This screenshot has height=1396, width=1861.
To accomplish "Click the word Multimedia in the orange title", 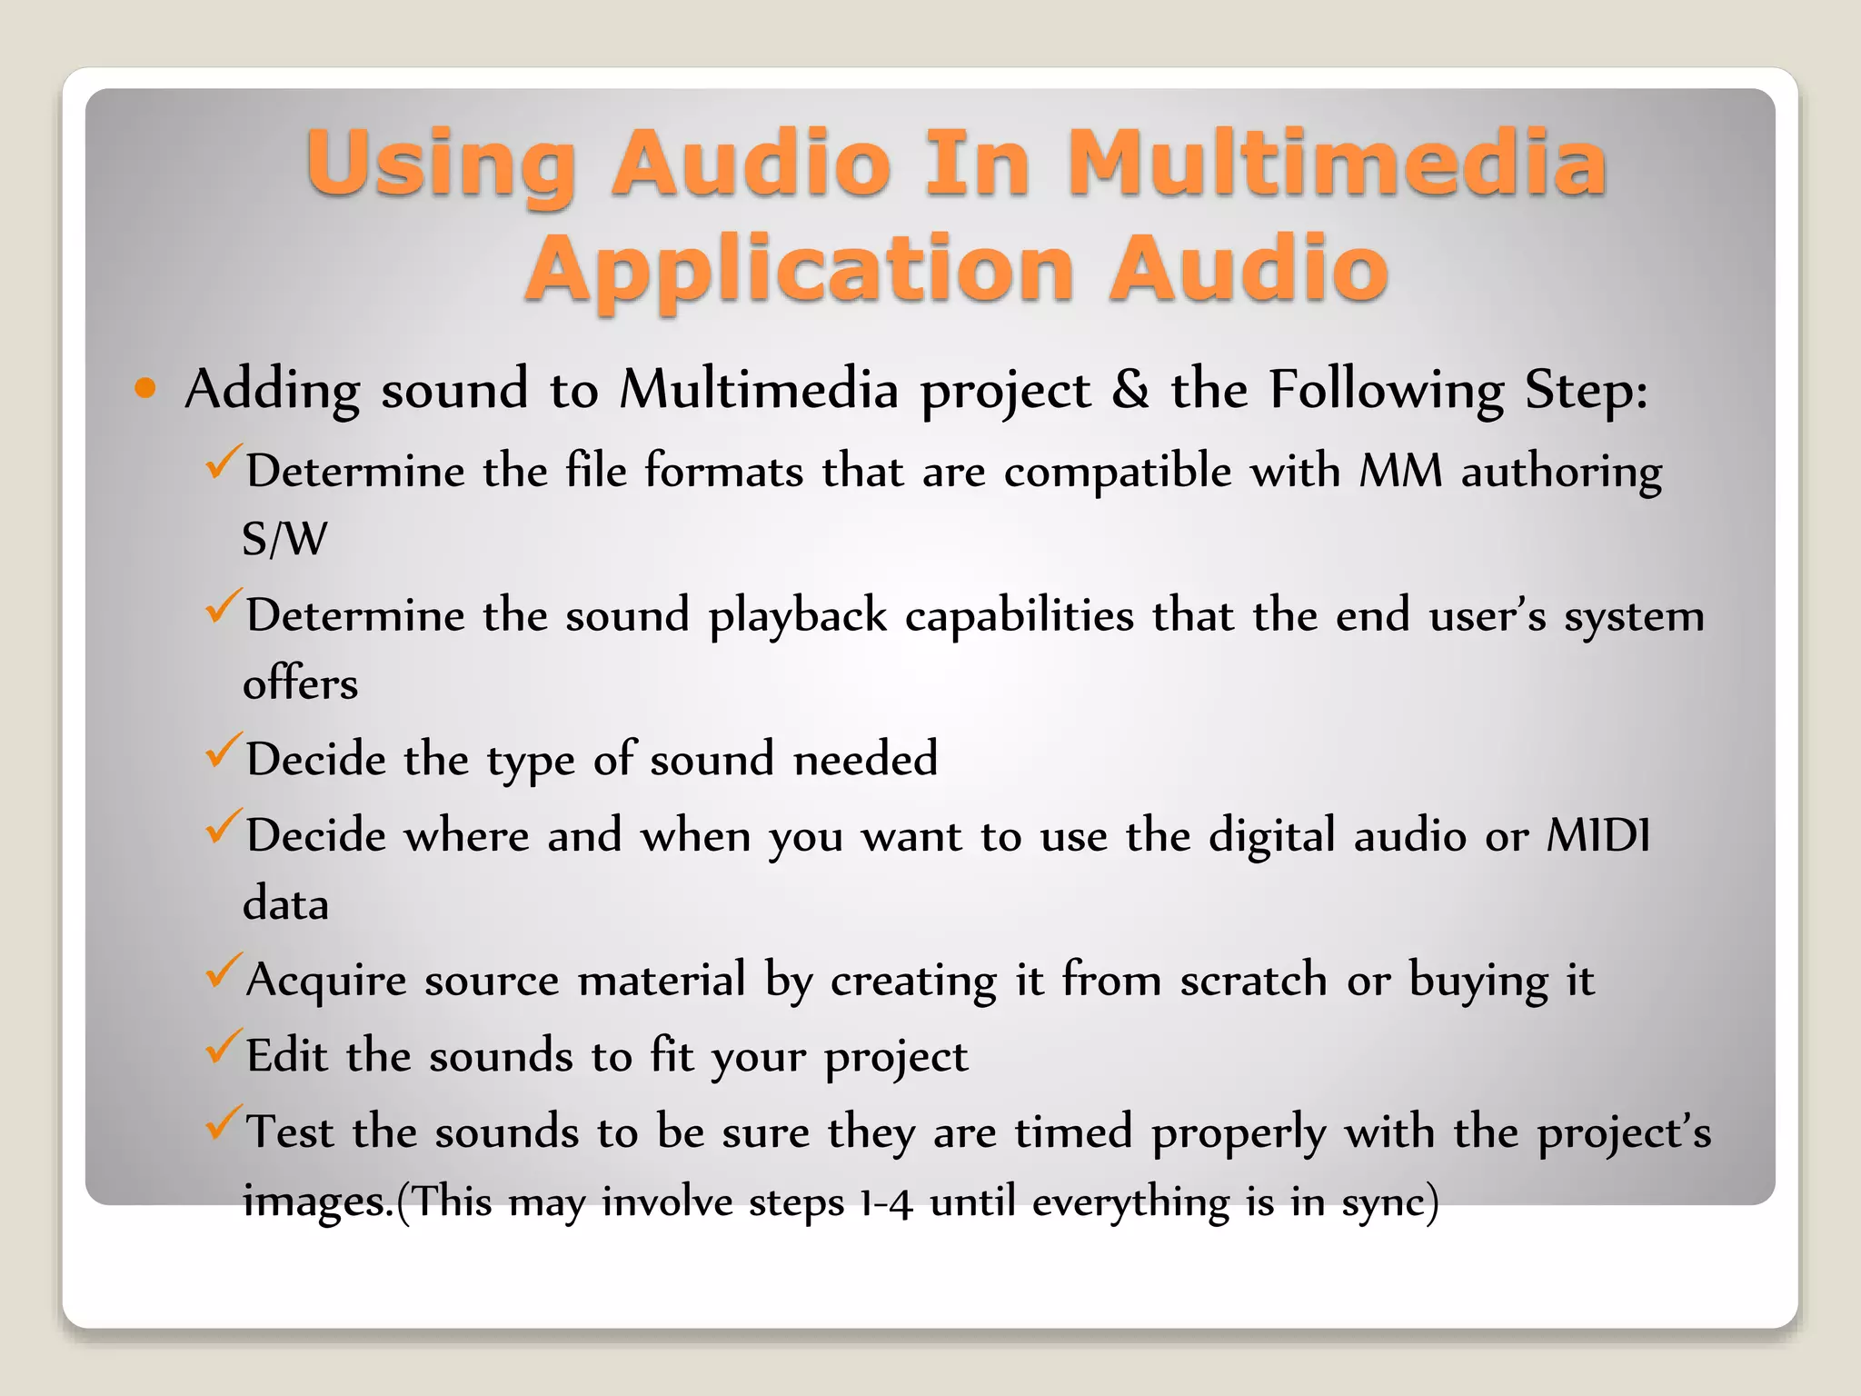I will [1336, 163].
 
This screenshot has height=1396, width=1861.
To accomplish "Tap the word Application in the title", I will [800, 269].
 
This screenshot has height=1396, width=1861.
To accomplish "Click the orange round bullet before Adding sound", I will [144, 389].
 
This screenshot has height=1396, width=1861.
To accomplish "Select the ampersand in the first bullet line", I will [1130, 390].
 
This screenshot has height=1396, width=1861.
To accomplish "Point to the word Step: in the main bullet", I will [1586, 390].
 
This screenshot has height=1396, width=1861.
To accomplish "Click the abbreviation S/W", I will [284, 539].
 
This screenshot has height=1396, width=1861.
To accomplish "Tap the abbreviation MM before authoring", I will [1400, 472].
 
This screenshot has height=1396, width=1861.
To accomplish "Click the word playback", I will [797, 616].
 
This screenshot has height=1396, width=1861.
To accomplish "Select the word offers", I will [300, 683].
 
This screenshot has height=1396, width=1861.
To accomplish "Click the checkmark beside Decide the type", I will [223, 751].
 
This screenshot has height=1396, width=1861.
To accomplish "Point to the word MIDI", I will [1598, 835].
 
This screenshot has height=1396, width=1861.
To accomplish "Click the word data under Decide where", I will [285, 903].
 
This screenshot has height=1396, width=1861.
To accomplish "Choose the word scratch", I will [1253, 981].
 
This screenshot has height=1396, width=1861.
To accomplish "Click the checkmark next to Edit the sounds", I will [223, 1047].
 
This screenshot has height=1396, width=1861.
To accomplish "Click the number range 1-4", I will [886, 1202].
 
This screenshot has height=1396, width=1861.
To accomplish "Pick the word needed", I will [865, 759].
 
